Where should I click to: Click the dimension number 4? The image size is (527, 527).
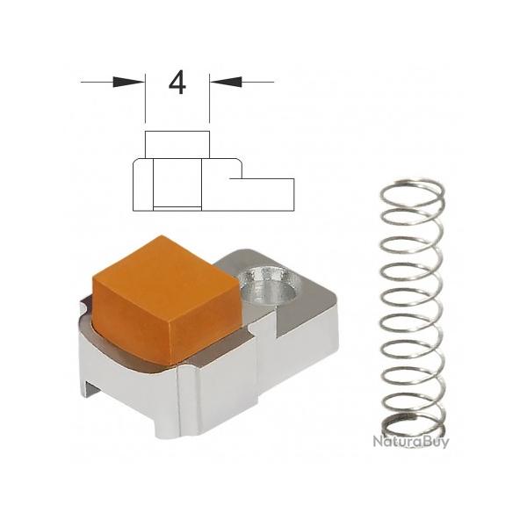(177, 83)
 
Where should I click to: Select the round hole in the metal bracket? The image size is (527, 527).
(272, 287)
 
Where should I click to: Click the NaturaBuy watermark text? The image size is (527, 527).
(410, 442)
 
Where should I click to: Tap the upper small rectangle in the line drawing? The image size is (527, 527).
(177, 142)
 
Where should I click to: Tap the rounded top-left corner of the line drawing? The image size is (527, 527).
(136, 162)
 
